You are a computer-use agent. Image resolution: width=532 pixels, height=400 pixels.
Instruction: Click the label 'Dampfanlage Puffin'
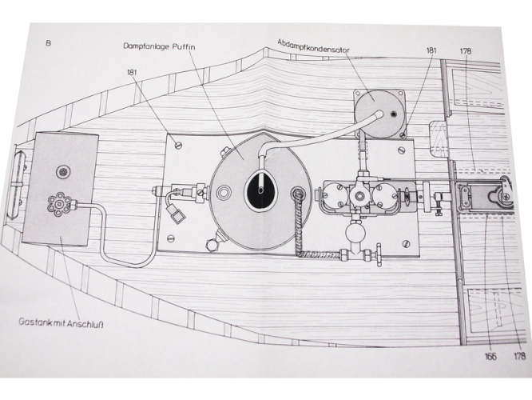point(159,46)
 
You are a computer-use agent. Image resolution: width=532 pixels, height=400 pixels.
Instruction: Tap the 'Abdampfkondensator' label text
point(313,46)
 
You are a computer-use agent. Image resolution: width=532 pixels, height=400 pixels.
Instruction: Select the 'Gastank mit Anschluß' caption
point(61,322)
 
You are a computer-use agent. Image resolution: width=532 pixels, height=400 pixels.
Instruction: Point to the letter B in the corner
point(49,43)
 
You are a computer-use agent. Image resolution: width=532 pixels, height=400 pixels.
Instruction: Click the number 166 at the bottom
point(490,356)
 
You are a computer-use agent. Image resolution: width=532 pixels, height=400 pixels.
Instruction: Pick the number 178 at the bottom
point(520,356)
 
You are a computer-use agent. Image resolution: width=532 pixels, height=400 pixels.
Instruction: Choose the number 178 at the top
point(466,51)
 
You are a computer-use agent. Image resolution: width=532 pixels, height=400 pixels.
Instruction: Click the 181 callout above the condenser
point(431,50)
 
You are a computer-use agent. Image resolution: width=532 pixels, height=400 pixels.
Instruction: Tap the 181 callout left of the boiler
point(133,72)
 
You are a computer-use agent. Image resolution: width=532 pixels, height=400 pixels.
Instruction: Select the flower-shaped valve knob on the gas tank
point(59,204)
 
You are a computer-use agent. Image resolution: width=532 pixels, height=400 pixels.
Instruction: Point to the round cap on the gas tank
point(63,173)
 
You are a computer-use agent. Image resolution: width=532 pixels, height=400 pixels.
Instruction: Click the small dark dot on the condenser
point(394,114)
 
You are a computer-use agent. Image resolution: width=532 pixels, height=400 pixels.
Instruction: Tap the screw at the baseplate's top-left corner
point(178,146)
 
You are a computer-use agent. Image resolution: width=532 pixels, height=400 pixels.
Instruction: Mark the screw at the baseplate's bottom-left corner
point(171,238)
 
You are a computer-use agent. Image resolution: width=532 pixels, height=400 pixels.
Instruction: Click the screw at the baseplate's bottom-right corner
point(407,244)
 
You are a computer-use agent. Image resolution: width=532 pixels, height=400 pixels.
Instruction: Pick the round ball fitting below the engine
point(355,232)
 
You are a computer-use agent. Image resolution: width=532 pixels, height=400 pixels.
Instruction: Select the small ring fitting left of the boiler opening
point(224,192)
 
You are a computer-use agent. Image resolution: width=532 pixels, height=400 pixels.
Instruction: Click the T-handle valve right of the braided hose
point(378,255)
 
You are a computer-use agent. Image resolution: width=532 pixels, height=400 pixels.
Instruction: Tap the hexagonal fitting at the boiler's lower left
point(212,245)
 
